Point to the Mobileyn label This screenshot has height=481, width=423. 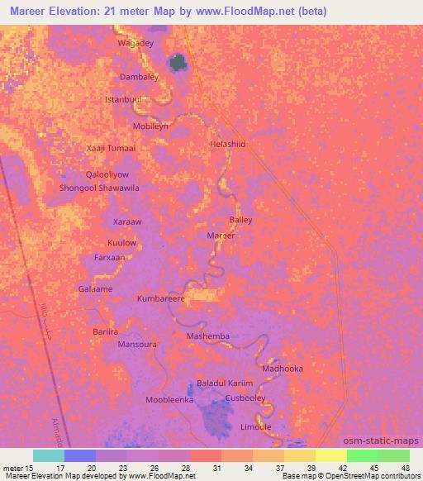point(151,126)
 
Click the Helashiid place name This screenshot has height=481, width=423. point(228,144)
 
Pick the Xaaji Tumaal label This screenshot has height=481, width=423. point(111,148)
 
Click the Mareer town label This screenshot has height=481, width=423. point(221,236)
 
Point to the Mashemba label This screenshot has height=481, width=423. point(208,336)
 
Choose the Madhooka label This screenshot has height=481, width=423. point(283,369)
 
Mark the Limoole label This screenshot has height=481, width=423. point(255,426)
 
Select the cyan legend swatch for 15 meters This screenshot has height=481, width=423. point(49,455)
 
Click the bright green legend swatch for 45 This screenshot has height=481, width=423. point(363,455)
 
